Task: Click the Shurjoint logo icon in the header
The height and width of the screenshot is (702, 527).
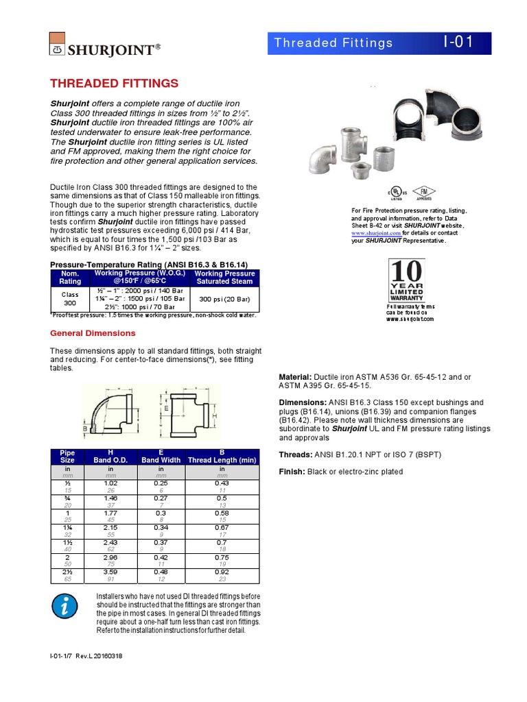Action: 58,43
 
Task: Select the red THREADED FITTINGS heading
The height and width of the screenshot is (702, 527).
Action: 115,84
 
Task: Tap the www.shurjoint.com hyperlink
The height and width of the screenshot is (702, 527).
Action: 376,233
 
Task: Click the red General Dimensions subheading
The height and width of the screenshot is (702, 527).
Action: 93,333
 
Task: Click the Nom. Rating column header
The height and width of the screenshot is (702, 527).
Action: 70,277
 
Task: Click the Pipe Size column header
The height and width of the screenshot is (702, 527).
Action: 67,456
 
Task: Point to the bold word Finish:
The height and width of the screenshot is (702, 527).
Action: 292,472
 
